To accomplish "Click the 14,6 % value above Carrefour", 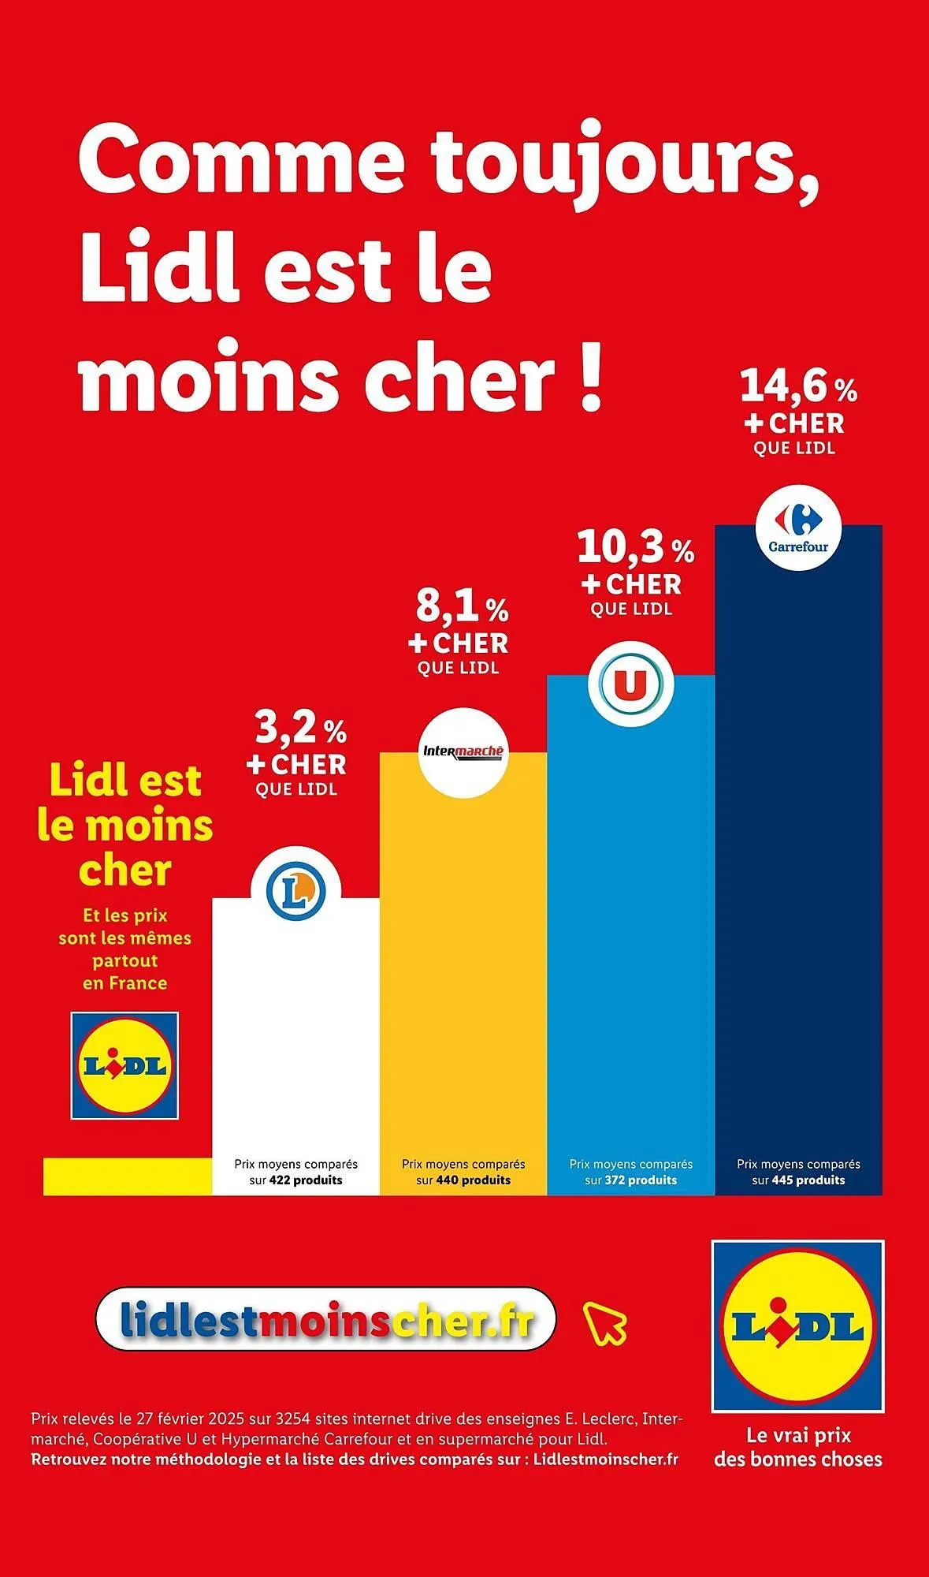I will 797,386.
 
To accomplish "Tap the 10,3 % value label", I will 635,547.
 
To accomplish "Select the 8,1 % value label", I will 462,606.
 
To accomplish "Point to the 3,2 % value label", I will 300,729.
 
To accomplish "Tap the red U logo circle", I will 630,684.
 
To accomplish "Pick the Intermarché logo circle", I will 463,753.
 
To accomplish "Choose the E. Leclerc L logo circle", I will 295,891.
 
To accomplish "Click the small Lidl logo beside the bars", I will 125,1065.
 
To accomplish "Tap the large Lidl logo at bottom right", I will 797,1326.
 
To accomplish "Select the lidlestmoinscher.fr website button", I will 326,1319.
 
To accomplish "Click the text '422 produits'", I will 306,1180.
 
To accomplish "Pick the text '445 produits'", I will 808,1180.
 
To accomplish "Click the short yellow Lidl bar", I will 127,1176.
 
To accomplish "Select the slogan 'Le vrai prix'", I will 798,1435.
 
